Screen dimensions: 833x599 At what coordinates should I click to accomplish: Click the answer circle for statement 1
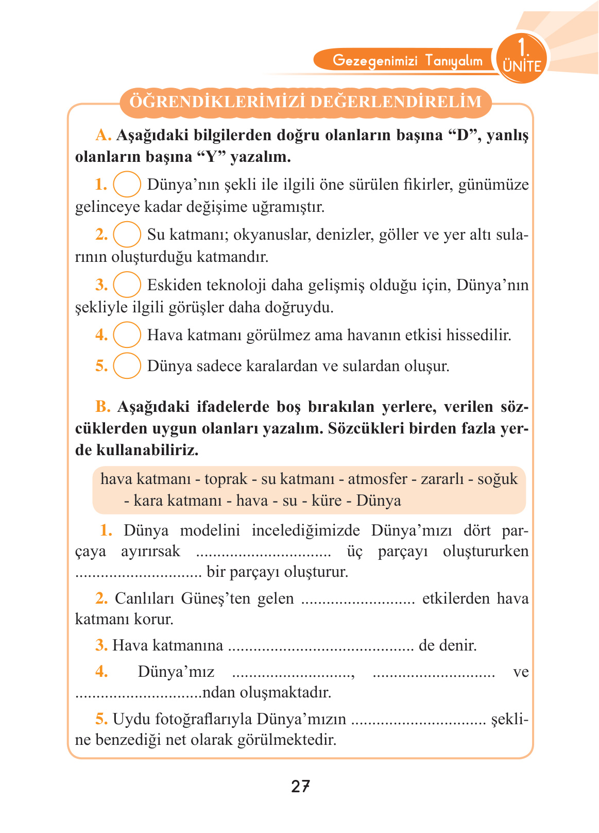click(x=127, y=184)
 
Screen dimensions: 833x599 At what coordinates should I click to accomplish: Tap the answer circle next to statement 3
click(x=127, y=285)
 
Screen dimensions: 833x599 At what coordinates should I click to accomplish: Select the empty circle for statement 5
click(x=127, y=365)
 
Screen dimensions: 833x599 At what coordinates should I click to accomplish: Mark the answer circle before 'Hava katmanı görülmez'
click(x=127, y=335)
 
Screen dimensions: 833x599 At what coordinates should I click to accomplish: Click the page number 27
click(x=300, y=786)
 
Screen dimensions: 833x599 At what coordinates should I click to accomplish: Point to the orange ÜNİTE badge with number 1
click(x=521, y=58)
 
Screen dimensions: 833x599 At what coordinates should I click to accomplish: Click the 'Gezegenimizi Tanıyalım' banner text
click(x=407, y=61)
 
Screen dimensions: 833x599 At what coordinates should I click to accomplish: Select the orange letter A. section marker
click(x=103, y=135)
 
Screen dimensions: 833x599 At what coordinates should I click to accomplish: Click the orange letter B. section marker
click(x=103, y=407)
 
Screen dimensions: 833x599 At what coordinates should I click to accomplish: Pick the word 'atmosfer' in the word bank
click(x=378, y=479)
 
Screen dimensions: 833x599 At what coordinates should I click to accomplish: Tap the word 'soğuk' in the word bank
click(x=497, y=479)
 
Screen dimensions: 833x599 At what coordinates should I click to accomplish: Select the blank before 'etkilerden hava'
click(x=357, y=599)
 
